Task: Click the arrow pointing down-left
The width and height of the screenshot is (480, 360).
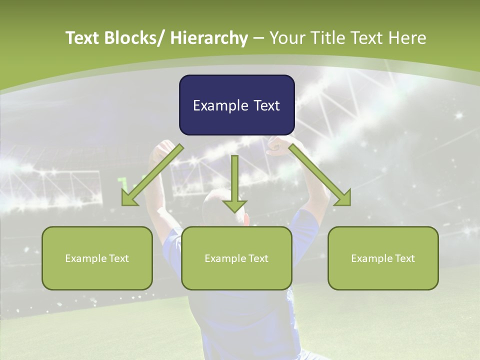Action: (152, 175)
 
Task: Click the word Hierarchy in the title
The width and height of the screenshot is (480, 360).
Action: (209, 38)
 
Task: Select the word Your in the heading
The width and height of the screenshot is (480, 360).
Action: (286, 38)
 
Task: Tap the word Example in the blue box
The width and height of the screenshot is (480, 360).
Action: (220, 105)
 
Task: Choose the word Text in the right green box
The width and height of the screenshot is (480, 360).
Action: (404, 258)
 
